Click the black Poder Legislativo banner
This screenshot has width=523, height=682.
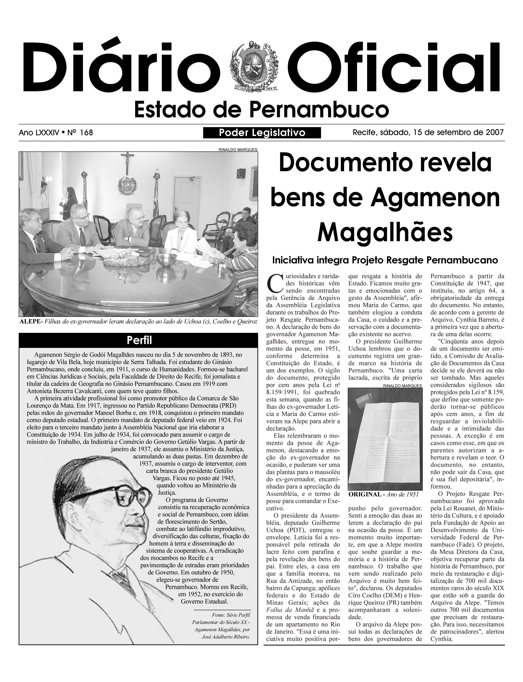tap(262, 133)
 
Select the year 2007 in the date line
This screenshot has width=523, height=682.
tap(495, 133)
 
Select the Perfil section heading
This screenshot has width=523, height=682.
tap(138, 341)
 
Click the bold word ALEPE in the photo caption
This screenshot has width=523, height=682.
tap(30, 322)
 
